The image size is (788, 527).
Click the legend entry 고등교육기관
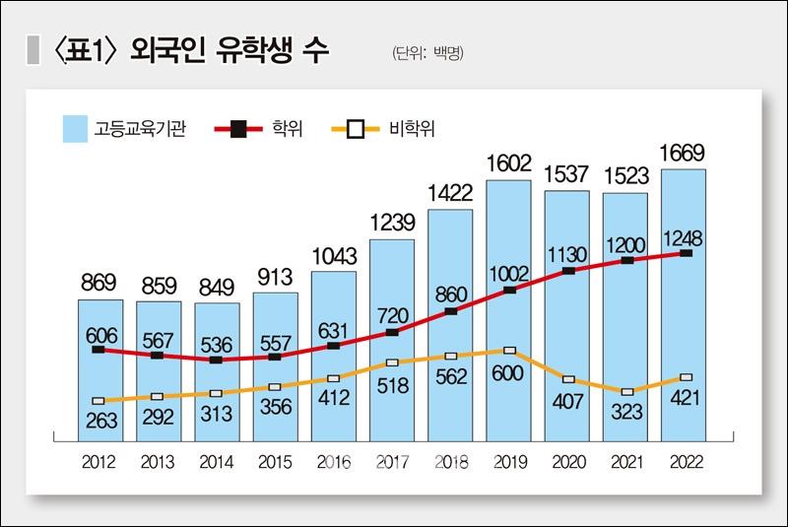point(123,128)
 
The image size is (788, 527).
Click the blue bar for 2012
point(100,374)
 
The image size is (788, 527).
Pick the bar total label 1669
point(684,153)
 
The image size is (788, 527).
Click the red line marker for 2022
point(685,253)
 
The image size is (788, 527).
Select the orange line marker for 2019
point(508,350)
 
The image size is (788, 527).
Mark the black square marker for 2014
point(217,361)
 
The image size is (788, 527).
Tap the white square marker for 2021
point(625,392)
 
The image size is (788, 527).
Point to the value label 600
point(508,375)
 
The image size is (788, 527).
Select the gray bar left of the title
point(33,51)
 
